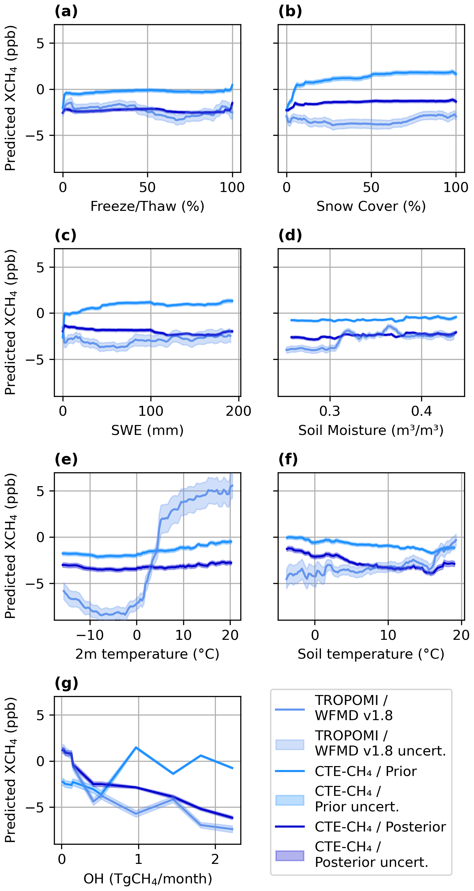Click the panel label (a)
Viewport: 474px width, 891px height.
(66, 12)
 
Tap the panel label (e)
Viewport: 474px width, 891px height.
(66, 459)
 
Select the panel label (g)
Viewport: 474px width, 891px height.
(66, 683)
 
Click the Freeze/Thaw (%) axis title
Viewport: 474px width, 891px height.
(147, 207)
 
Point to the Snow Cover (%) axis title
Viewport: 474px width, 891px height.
(371, 207)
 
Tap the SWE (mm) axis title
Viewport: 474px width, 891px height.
(147, 430)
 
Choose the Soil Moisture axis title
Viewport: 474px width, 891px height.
(371, 430)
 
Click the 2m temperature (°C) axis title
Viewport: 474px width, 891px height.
(147, 654)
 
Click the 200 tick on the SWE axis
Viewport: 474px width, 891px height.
(238, 411)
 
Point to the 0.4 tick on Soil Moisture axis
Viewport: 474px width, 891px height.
(421, 411)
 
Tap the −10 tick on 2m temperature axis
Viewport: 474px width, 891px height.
(90, 635)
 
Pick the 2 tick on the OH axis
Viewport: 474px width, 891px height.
(215, 859)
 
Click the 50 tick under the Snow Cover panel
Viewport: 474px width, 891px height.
(371, 187)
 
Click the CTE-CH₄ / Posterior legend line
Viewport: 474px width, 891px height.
(290, 827)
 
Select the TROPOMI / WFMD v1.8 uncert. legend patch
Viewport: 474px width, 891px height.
(290, 745)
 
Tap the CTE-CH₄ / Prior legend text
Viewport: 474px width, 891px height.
(366, 771)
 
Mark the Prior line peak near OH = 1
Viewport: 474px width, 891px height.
(137, 748)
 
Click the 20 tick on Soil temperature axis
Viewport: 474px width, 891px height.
(461, 635)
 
